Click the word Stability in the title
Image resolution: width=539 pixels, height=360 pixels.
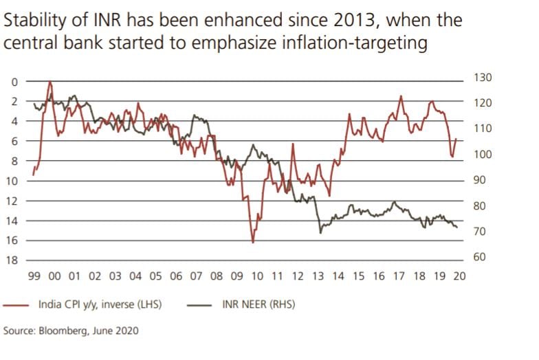pos(32,20)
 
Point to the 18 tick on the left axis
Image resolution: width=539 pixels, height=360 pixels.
pos(12,261)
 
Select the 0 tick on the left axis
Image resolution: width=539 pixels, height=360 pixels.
pos(14,82)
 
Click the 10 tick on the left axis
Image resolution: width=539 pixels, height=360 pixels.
pos(12,181)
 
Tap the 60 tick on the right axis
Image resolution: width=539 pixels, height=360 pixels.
pos(481,257)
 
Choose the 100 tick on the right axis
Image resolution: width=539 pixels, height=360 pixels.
pos(483,155)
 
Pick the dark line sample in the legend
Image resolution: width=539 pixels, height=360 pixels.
pos(199,304)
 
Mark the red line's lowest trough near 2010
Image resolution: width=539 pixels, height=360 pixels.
pos(253,243)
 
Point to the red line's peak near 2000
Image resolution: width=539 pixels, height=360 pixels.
pos(50,82)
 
